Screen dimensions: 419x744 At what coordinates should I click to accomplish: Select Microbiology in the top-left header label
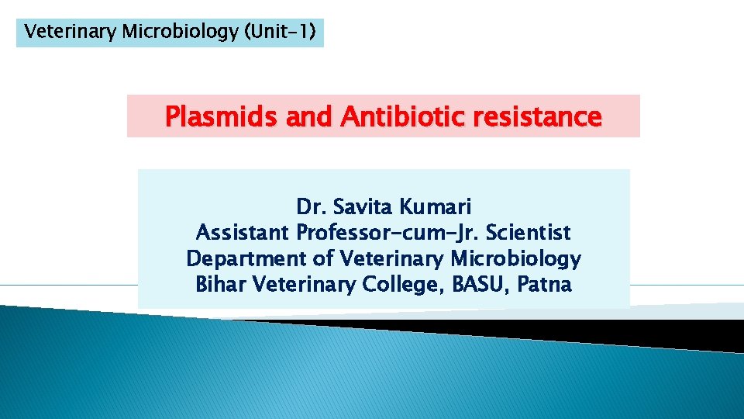pyautogui.click(x=185, y=32)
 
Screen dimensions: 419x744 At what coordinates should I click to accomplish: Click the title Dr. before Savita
pyautogui.click(x=312, y=207)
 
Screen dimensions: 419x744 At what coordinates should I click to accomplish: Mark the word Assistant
pyautogui.click(x=243, y=233)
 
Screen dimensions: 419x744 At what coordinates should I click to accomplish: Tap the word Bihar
pyautogui.click(x=218, y=285)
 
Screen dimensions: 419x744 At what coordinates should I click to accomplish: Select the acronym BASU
pyautogui.click(x=479, y=285)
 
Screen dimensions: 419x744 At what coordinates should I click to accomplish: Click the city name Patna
pyautogui.click(x=545, y=285)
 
